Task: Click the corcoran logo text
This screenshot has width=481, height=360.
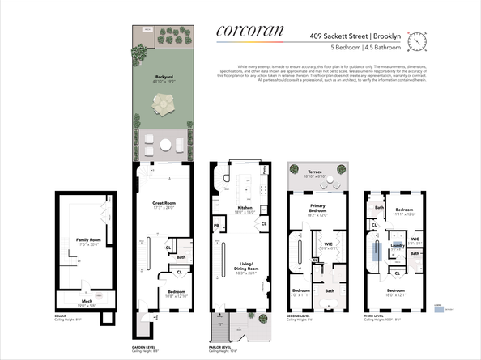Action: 250,32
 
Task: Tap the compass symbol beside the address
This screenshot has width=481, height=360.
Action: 417,40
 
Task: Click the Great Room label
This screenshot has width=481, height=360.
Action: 164,204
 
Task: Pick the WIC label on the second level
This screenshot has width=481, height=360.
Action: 328,245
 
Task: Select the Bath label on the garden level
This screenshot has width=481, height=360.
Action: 181,257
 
